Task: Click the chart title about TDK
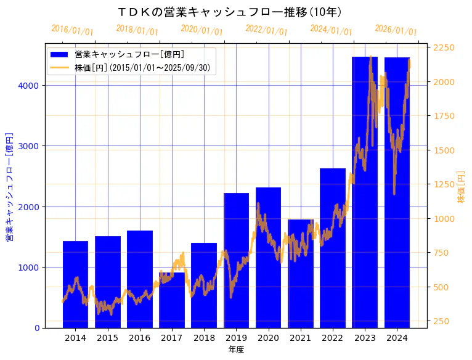tap(230, 12)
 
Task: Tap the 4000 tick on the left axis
tap(31, 86)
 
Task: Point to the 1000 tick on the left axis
tap(31, 268)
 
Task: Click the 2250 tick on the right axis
tap(444, 47)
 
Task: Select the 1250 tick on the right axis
tap(444, 184)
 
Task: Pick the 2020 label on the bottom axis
tap(268, 338)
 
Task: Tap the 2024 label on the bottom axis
tap(397, 338)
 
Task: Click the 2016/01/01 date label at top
tap(72, 30)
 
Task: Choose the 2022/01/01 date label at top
tap(266, 30)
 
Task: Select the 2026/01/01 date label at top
tap(396, 30)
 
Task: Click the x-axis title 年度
tap(236, 350)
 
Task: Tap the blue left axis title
tap(9, 186)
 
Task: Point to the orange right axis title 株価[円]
tap(461, 187)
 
